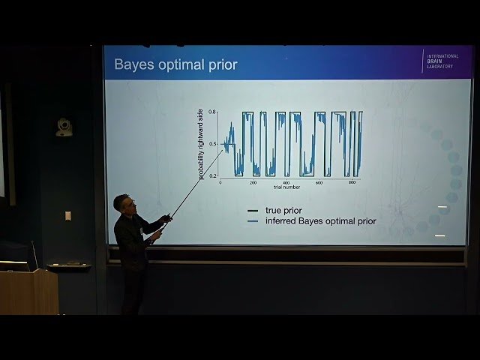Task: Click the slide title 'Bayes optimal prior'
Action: [175, 65]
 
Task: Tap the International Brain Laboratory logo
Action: [443, 61]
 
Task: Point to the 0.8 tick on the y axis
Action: [212, 112]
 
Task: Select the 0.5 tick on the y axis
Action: [212, 143]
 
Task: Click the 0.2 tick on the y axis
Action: [212, 175]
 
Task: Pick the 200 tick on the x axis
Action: [253, 183]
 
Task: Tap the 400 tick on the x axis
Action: [286, 183]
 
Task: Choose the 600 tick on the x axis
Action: [319, 183]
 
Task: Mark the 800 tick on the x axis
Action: [352, 183]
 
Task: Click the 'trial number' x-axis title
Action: [286, 189]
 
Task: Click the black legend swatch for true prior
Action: [253, 211]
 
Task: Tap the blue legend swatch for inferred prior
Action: [253, 221]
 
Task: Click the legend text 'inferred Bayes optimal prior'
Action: [320, 221]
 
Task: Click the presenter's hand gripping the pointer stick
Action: [157, 234]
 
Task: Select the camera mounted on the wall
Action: [64, 127]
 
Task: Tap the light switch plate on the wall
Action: [67, 215]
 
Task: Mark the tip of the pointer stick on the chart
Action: [223, 150]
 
